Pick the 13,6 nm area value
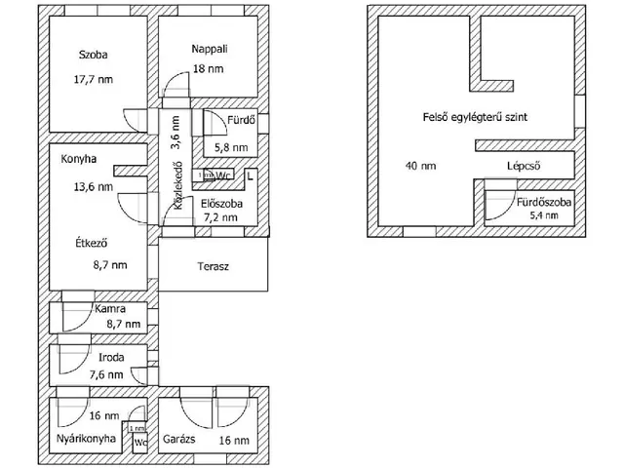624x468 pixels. click(x=93, y=186)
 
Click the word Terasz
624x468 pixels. click(x=213, y=266)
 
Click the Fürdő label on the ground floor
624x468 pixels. click(x=242, y=122)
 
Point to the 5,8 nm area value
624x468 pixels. click(x=231, y=148)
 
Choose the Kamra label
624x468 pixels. click(x=108, y=309)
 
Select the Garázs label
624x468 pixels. click(x=181, y=440)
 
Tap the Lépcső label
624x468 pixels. click(x=525, y=166)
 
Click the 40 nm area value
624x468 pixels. click(x=420, y=166)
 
